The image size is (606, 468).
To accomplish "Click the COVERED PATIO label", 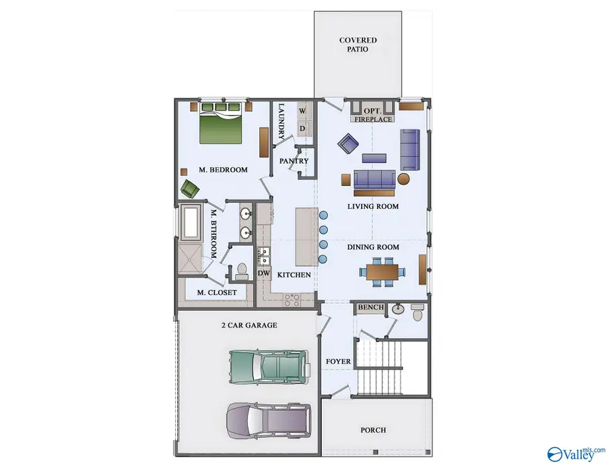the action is pyautogui.click(x=358, y=44).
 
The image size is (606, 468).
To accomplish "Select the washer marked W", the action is pyautogui.click(x=302, y=111).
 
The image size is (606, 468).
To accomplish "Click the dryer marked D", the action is pyautogui.click(x=302, y=128).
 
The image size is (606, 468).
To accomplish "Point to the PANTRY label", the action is pyautogui.click(x=294, y=161).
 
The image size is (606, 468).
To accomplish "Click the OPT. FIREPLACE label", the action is pyautogui.click(x=373, y=115).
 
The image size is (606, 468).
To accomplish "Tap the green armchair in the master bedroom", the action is pyautogui.click(x=189, y=189).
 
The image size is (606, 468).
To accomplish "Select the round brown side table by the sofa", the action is pyautogui.click(x=403, y=179).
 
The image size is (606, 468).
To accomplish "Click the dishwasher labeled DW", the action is pyautogui.click(x=264, y=273).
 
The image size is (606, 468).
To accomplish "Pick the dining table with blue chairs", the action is pyautogui.click(x=382, y=272).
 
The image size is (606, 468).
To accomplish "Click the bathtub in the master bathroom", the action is pyautogui.click(x=191, y=222).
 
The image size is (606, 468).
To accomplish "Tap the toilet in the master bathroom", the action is pyautogui.click(x=242, y=271).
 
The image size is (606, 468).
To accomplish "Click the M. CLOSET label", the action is pyautogui.click(x=216, y=292).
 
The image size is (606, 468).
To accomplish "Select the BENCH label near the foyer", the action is pyautogui.click(x=370, y=307).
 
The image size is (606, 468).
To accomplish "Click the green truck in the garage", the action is pyautogui.click(x=270, y=366).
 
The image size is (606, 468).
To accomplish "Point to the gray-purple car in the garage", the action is pyautogui.click(x=269, y=421).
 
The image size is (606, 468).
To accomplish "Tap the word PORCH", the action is pyautogui.click(x=373, y=430).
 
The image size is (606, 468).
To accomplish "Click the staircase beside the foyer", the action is pyautogui.click(x=380, y=366).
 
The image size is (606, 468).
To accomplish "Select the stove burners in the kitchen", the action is pyautogui.click(x=292, y=300).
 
